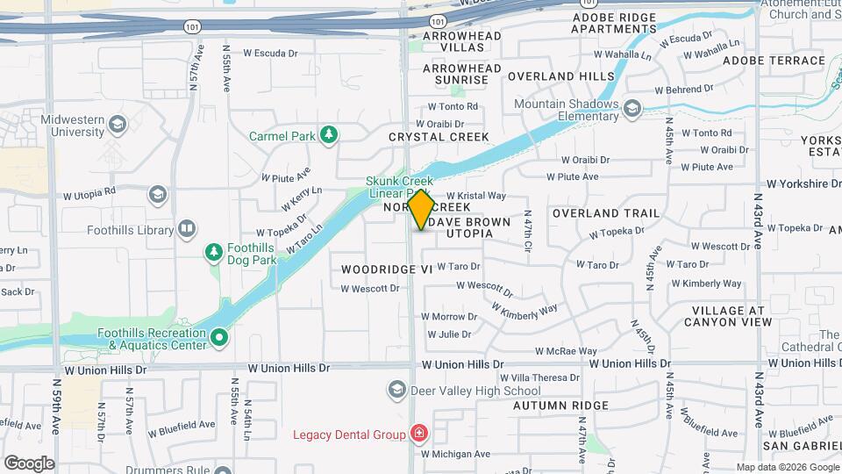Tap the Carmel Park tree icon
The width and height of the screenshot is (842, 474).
pyautogui.click(x=328, y=134)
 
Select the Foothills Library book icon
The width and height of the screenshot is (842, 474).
pyautogui.click(x=186, y=230)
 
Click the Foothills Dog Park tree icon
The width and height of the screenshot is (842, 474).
pyautogui.click(x=213, y=253)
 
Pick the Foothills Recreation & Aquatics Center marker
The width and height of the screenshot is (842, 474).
pyautogui.click(x=219, y=335)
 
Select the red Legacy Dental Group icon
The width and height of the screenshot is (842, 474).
pyautogui.click(x=419, y=434)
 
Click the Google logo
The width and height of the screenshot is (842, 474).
pyautogui.click(x=29, y=463)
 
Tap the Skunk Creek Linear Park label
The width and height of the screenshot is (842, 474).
pyautogui.click(x=399, y=186)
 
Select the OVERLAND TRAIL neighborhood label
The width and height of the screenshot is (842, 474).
pyautogui.click(x=606, y=213)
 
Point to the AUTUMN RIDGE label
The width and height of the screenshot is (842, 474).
pyautogui.click(x=560, y=406)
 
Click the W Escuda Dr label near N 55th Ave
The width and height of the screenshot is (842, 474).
pyautogui.click(x=271, y=53)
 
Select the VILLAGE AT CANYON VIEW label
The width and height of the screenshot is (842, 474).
pyautogui.click(x=731, y=316)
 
